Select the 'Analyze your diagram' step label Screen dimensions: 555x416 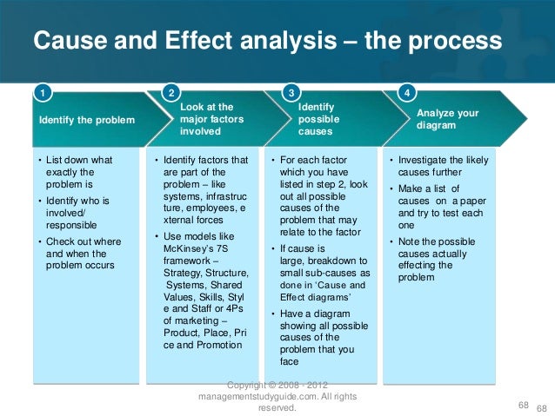tap(447, 118)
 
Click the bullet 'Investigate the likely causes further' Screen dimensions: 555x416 tap(439, 166)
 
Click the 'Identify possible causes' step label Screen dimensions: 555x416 tap(318, 118)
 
